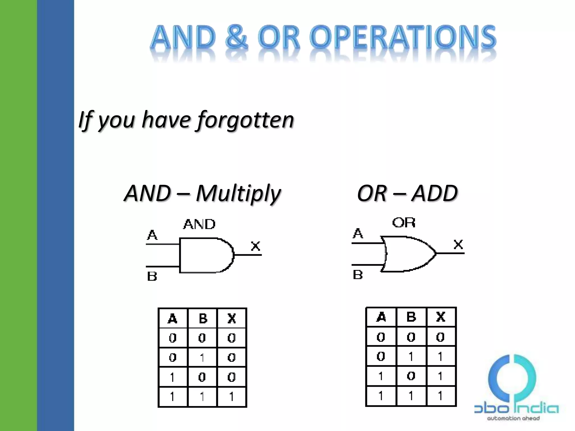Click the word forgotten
point(245,120)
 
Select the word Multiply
point(238,194)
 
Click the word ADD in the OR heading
point(435,193)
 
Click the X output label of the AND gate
point(255,246)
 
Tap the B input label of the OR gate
point(358,275)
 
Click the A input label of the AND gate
point(152,235)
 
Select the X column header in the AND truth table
point(232,318)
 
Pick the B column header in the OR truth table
point(411,317)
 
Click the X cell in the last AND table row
point(232,397)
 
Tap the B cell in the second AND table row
point(202,357)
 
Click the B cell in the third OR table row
point(411,376)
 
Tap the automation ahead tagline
point(513,418)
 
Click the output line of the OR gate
point(450,253)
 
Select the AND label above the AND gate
point(199,224)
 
